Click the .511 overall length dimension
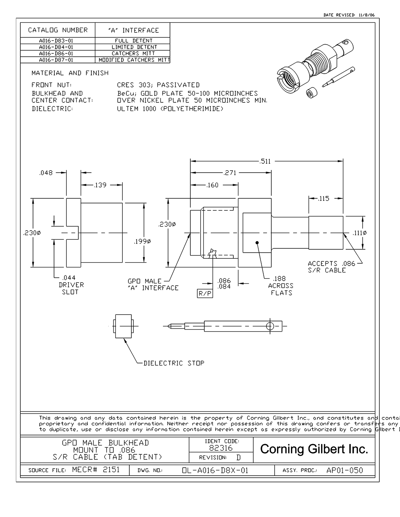[x=265, y=162]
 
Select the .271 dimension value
[x=230, y=173]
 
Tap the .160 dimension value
[x=212, y=185]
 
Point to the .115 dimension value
[x=324, y=199]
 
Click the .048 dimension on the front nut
[x=46, y=173]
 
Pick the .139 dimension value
[x=100, y=185]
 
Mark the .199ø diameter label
[x=142, y=241]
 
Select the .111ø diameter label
[x=360, y=233]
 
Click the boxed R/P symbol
[x=205, y=294]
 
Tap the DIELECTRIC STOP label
[x=174, y=363]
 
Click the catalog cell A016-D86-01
[x=56, y=53]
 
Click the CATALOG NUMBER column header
[x=58, y=30]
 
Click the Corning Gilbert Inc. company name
[x=314, y=449]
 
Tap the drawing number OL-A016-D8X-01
[x=215, y=470]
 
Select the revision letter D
[x=238, y=457]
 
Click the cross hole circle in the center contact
[x=270, y=326]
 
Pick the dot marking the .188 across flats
[x=257, y=243]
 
